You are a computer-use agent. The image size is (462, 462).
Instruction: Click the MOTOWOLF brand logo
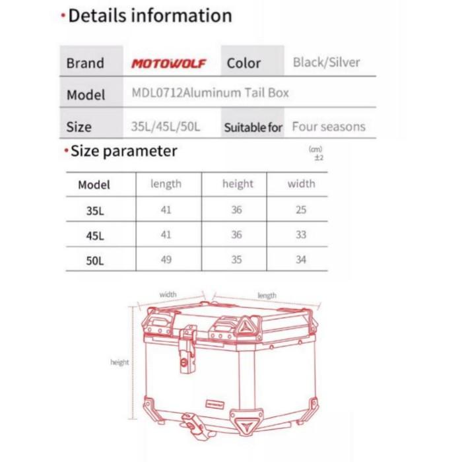click(x=168, y=63)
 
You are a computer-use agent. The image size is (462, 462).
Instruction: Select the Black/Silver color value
click(x=327, y=63)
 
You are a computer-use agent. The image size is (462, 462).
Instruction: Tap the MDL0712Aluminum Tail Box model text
click(x=210, y=93)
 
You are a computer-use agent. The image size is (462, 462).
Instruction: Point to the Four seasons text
click(x=329, y=126)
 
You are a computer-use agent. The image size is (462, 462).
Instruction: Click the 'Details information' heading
click(x=150, y=16)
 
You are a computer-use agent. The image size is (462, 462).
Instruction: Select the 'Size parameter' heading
click(x=123, y=151)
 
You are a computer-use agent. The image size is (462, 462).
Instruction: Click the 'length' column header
click(x=166, y=184)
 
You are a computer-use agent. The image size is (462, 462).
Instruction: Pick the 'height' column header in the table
click(x=237, y=184)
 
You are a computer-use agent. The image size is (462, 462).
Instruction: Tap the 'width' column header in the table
click(x=301, y=184)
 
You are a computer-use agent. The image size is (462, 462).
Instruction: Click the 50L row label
click(x=95, y=260)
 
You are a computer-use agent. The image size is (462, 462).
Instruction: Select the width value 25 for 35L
click(x=301, y=210)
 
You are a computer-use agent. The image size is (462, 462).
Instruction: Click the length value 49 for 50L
click(x=166, y=259)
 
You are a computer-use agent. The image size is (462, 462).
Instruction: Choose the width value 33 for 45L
click(x=301, y=235)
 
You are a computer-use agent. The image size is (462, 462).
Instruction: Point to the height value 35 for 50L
click(x=237, y=259)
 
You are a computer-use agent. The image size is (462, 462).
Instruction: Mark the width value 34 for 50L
click(x=301, y=259)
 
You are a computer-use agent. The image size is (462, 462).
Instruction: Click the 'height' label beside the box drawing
click(x=119, y=362)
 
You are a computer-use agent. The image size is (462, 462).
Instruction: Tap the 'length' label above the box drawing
click(x=267, y=296)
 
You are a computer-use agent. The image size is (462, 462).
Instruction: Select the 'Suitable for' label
click(x=253, y=127)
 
